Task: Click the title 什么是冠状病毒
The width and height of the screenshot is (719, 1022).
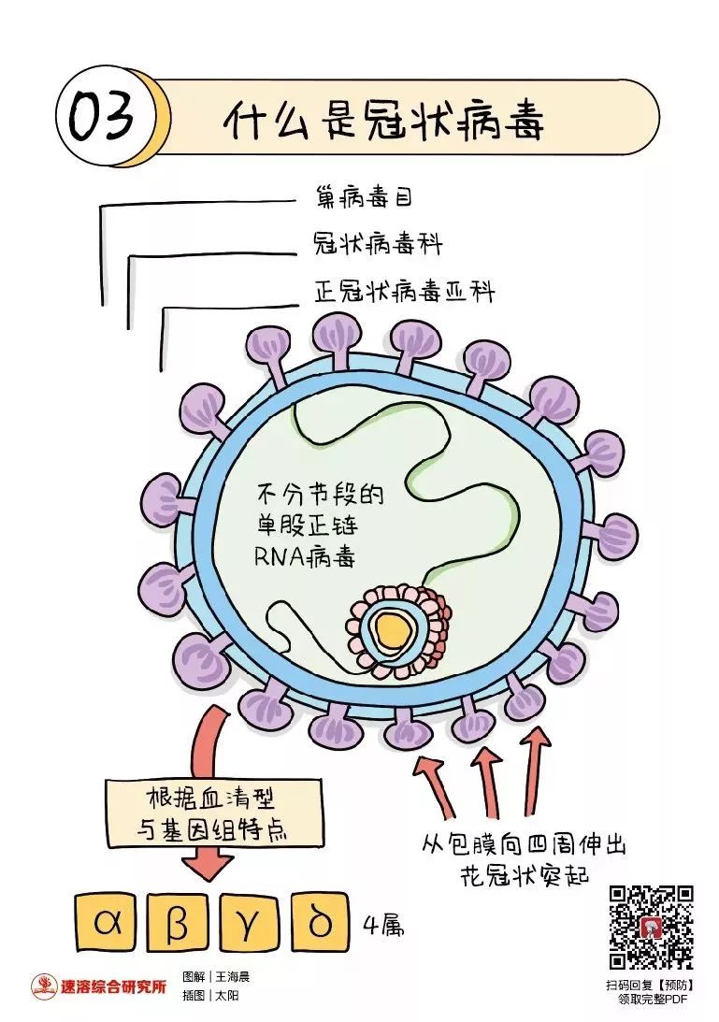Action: pos(384,121)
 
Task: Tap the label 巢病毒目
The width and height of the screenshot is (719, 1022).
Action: pos(364,196)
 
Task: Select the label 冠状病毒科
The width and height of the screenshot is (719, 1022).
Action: pos(378,243)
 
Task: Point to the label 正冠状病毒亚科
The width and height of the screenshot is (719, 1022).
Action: pos(405,292)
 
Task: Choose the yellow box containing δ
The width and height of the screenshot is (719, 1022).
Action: pos(320,925)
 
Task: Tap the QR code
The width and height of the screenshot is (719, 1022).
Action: pos(651,927)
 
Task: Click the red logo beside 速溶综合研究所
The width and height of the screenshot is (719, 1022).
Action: pos(44,986)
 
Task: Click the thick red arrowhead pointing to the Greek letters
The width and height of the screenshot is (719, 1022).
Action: pos(208,862)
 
